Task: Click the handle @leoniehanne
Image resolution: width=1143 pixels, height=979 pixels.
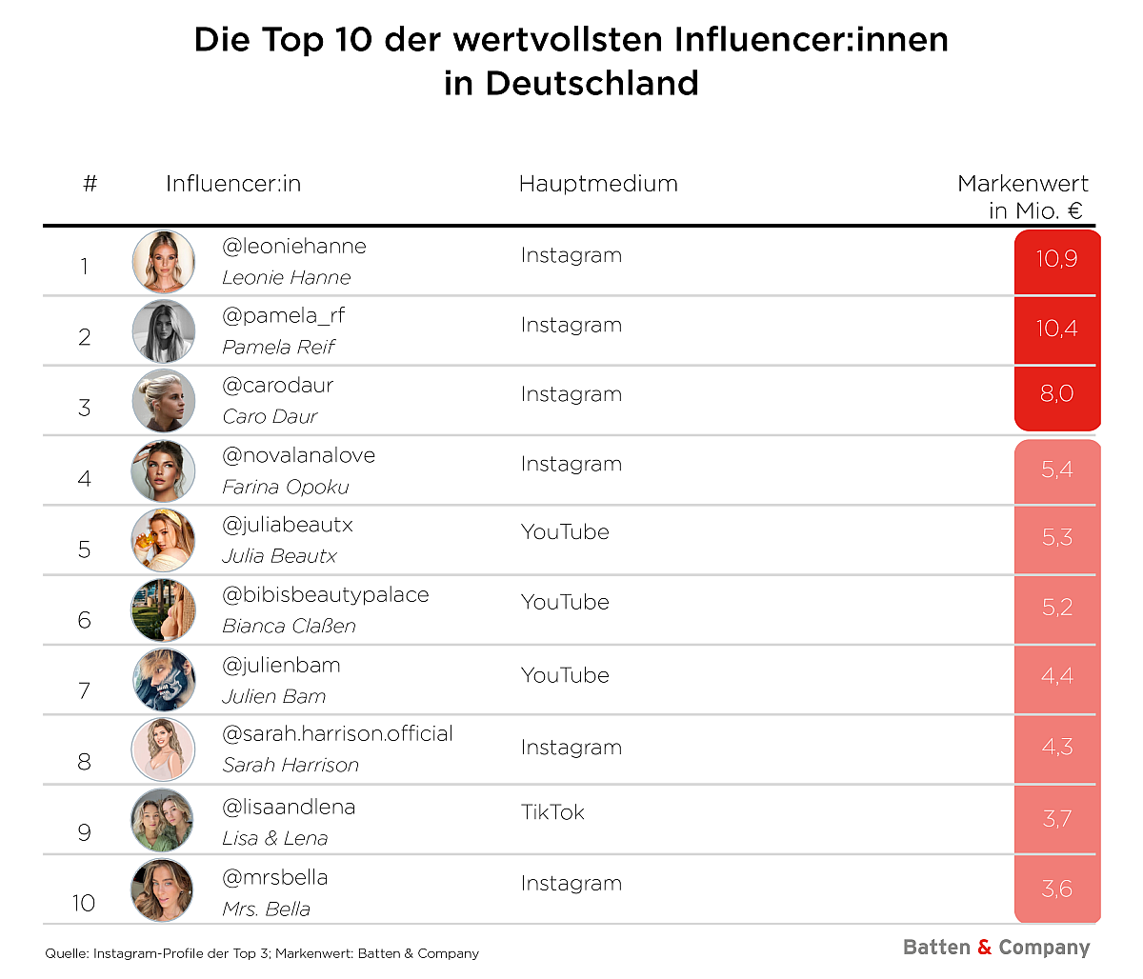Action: click(293, 247)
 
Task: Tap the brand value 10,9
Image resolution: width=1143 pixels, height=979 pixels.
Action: click(1056, 259)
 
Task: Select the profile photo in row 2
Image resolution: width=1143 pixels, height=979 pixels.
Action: click(164, 331)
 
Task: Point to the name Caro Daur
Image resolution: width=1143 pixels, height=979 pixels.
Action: click(270, 417)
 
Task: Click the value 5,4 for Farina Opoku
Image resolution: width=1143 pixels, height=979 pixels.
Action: click(1056, 469)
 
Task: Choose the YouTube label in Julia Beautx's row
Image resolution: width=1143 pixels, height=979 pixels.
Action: click(565, 532)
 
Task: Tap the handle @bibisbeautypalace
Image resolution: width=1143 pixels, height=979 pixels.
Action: click(325, 595)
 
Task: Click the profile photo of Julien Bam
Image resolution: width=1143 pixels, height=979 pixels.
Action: click(164, 680)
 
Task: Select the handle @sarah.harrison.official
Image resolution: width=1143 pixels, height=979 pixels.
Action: click(337, 734)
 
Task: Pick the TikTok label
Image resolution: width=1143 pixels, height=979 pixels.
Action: click(552, 812)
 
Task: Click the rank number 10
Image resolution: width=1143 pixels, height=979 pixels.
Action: click(84, 903)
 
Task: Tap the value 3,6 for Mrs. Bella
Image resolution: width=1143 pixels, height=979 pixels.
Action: click(1056, 889)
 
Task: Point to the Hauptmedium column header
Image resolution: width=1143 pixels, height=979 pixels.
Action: click(598, 184)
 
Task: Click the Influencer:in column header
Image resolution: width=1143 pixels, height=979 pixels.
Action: click(233, 184)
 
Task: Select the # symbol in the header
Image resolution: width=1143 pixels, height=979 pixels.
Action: click(90, 184)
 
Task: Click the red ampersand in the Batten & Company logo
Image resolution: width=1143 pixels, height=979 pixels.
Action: click(984, 948)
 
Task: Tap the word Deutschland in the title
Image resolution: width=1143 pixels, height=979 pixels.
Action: click(592, 84)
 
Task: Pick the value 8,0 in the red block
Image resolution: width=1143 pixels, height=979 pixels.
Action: click(1056, 394)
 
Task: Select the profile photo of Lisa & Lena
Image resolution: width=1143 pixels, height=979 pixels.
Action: click(162, 821)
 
